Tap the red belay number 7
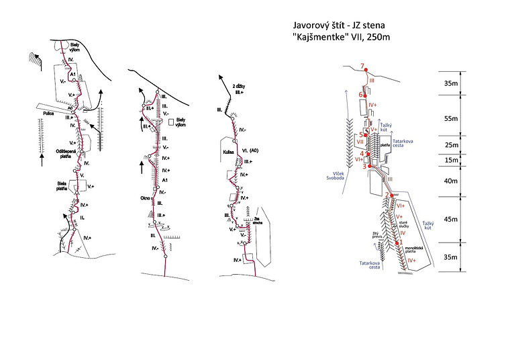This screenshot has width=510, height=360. tap(362, 66)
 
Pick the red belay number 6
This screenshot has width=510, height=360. tap(360, 95)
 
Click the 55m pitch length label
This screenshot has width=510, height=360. tap(452, 118)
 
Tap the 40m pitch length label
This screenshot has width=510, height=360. tap(452, 181)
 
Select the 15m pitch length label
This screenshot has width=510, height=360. tap(452, 160)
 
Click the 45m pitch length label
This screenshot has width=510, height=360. tap(452, 220)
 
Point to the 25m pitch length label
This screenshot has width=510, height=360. tap(452, 144)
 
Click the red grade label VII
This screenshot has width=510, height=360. tap(360, 142)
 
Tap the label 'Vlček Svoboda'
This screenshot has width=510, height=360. tap(329, 177)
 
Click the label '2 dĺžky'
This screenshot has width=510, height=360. tap(240, 87)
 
